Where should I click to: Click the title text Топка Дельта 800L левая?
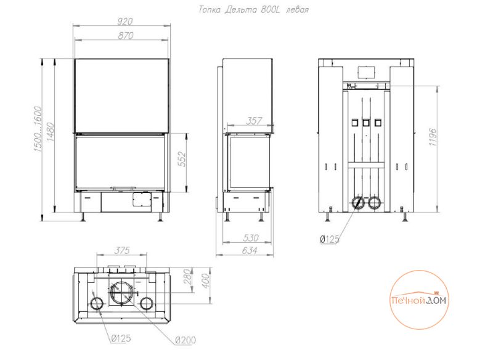tap(253, 10)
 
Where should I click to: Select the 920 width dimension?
tap(125, 22)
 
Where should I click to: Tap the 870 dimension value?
tap(126, 36)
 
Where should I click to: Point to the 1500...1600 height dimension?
tap(38, 129)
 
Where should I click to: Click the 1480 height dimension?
tap(51, 132)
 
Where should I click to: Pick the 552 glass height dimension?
tap(182, 159)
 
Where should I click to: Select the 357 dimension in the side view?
tap(254, 120)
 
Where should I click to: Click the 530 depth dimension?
tap(251, 238)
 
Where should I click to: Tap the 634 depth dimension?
tap(250, 251)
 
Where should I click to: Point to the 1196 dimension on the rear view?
tap(433, 137)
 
